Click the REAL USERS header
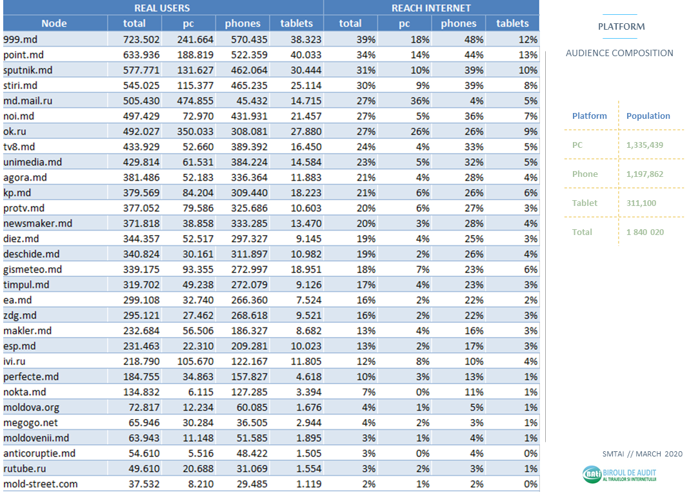pos(162,8)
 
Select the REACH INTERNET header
pos(431,8)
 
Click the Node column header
pos(54,23)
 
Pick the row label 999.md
pos(20,39)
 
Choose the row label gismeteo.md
pos(32,269)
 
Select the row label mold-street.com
pos(40,484)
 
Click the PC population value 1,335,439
pos(645,145)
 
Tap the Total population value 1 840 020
pos(645,232)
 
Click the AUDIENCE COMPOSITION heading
pos(619,54)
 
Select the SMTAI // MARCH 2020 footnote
pos(641,454)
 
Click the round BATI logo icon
pos(592,475)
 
